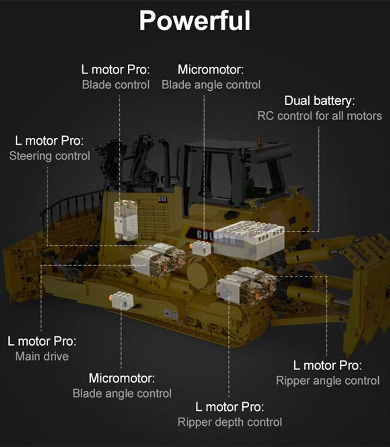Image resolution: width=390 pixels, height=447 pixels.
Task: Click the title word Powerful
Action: [195, 21]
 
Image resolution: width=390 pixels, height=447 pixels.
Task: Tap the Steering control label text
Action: [49, 156]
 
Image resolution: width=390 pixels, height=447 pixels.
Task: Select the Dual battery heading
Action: [319, 101]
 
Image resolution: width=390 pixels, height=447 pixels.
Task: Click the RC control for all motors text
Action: [319, 116]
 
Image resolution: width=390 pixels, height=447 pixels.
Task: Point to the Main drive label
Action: [42, 356]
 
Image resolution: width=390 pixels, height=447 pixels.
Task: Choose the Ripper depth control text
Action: [230, 422]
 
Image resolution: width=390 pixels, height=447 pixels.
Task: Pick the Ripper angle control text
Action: [328, 381]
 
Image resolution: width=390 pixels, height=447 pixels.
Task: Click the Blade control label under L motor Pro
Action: [116, 85]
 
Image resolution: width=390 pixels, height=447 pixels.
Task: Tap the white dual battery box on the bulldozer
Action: [249, 240]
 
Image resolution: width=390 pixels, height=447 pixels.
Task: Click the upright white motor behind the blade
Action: [126, 219]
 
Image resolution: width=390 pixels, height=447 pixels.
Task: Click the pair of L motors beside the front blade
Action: [158, 259]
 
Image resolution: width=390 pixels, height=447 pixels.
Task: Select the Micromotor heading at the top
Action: [211, 69]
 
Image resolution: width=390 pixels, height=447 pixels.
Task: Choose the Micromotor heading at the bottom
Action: [122, 378]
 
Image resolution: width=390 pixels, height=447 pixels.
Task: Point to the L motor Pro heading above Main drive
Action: [42, 341]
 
